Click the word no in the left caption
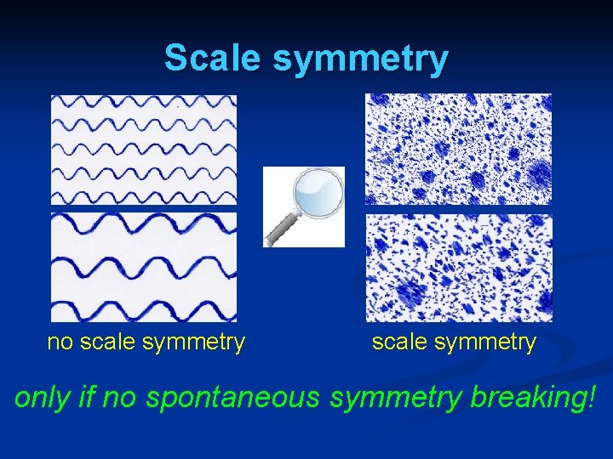60,343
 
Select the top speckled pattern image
458,149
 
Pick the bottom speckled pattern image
458,268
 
